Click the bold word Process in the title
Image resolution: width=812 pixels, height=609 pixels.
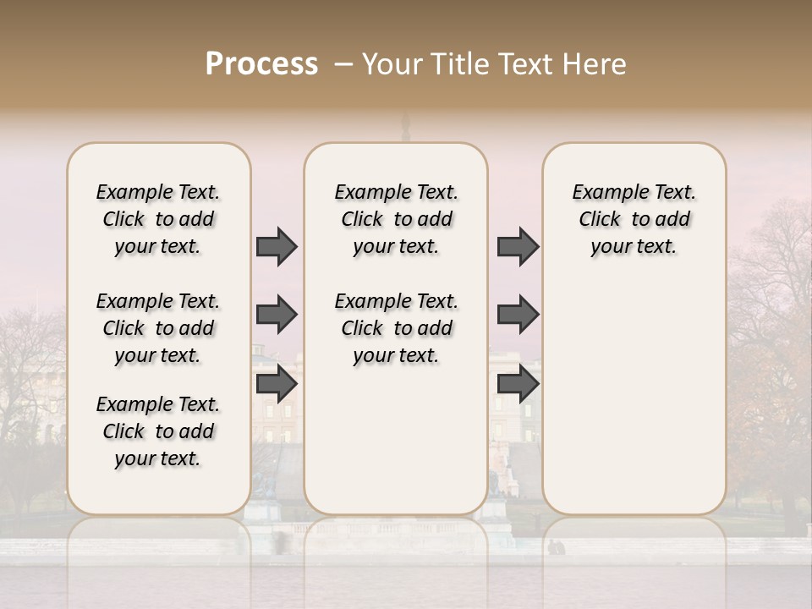(261, 63)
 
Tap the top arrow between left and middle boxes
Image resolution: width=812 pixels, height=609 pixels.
(277, 246)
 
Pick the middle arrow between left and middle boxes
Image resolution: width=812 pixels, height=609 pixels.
(277, 315)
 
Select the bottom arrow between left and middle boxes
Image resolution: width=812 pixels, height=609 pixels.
(277, 384)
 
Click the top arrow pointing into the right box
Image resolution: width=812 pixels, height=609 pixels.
(518, 246)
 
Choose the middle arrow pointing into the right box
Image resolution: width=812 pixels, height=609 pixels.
(518, 315)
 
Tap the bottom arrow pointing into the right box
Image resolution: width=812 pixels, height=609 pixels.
(518, 384)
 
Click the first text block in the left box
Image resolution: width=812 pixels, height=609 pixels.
(158, 219)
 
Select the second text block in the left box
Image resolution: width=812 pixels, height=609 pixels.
(158, 328)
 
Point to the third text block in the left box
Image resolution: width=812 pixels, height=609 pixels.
(158, 431)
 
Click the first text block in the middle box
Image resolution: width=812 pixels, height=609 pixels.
(396, 219)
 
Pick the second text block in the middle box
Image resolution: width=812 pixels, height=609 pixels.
(396, 328)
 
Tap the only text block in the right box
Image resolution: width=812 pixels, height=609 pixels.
(634, 219)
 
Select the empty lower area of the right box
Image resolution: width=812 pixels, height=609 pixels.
(634, 398)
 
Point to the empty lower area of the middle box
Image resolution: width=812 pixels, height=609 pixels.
(396, 440)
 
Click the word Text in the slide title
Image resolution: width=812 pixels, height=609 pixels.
(524, 64)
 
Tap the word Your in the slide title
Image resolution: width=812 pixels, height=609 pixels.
(388, 64)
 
